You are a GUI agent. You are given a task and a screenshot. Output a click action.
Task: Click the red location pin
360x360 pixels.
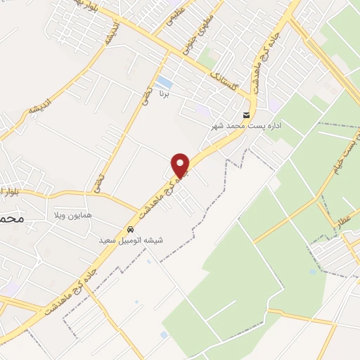coord(181,165)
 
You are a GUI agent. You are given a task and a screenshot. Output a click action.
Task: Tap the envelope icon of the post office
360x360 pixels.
coord(246,115)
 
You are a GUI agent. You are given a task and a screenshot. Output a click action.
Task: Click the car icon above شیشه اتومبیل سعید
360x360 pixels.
coord(131,230)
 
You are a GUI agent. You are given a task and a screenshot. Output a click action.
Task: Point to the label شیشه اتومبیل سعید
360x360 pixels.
coord(134,240)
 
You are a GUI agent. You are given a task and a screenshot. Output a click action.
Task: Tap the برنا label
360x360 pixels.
coord(165,93)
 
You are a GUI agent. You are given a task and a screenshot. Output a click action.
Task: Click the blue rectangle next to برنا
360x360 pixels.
coord(164,82)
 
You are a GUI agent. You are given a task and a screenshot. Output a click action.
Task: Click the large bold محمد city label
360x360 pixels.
coord(13,219)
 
